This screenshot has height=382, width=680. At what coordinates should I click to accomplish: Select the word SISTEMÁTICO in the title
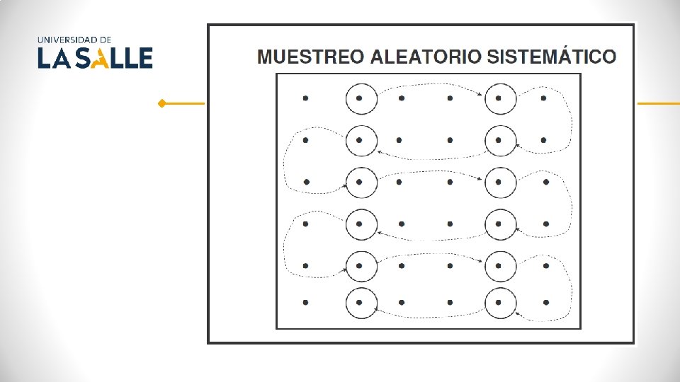(543, 57)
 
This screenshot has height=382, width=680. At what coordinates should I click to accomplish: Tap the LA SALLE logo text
(95, 58)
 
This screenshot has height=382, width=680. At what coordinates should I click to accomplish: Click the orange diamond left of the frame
(162, 103)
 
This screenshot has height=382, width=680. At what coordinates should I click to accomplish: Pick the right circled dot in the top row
(499, 98)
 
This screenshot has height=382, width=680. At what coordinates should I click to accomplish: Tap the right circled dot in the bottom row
(499, 303)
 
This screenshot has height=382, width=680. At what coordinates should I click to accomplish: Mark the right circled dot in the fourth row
(499, 224)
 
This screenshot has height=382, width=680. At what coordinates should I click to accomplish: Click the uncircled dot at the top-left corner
(305, 98)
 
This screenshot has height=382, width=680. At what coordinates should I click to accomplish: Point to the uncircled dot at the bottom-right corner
(545, 303)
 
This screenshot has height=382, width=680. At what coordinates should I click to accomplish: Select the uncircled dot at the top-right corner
(543, 98)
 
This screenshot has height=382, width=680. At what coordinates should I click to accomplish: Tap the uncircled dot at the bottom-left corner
(305, 303)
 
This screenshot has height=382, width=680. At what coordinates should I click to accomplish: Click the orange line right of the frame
(658, 103)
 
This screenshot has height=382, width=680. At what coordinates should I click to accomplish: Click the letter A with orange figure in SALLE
(105, 58)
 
